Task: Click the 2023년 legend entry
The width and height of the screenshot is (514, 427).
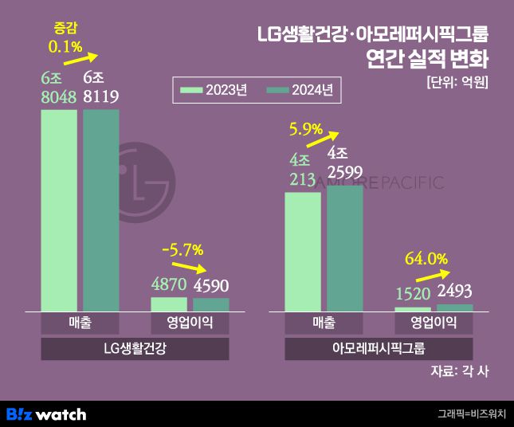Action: click(214, 90)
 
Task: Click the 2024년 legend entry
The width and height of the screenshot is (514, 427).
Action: click(300, 90)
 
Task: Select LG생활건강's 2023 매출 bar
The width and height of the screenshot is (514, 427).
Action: click(59, 210)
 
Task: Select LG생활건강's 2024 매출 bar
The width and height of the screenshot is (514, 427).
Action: click(101, 210)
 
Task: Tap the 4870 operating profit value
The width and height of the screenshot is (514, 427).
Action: click(168, 284)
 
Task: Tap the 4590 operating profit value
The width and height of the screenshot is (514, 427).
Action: click(211, 284)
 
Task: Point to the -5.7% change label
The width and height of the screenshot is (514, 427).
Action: click(182, 249)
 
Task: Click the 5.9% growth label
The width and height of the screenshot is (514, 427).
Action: click(306, 127)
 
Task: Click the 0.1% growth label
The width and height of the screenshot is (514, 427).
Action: click(65, 47)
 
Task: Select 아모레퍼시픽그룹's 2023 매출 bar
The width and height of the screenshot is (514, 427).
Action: click(303, 251)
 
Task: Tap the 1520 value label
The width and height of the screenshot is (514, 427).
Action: click(413, 293)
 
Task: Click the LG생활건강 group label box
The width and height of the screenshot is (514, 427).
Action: click(135, 349)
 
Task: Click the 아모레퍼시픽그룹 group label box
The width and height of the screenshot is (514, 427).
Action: click(379, 349)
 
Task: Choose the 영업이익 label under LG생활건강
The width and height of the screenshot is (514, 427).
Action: click(190, 323)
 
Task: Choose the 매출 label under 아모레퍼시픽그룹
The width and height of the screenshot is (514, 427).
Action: click(324, 323)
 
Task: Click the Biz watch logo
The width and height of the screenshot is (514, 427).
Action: click(46, 414)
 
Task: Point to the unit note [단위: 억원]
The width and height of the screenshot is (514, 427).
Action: click(457, 81)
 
